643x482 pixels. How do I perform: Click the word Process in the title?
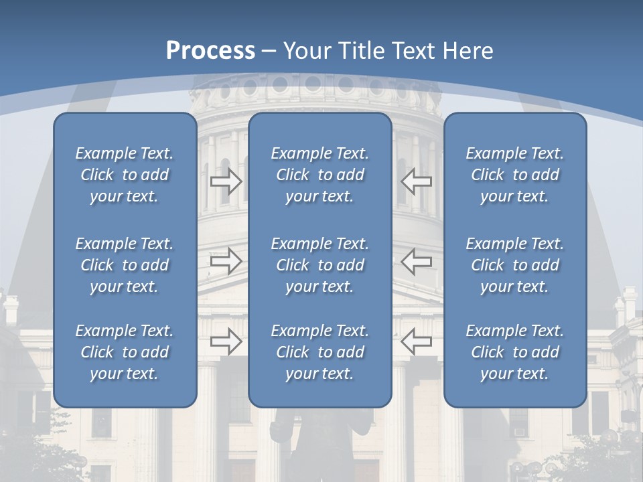pyautogui.click(x=210, y=51)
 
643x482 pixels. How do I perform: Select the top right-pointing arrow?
pyautogui.click(x=226, y=181)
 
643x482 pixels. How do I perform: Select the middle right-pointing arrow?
pyautogui.click(x=226, y=261)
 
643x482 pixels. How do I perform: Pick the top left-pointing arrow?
pyautogui.click(x=416, y=181)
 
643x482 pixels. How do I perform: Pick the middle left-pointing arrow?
pyautogui.click(x=416, y=261)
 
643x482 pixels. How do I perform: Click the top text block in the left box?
pyautogui.click(x=125, y=175)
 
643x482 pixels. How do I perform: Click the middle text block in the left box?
pyautogui.click(x=125, y=265)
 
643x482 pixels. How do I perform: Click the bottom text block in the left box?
pyautogui.click(x=125, y=352)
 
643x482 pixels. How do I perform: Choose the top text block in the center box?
pyautogui.click(x=320, y=175)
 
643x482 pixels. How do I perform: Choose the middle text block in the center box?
pyautogui.click(x=320, y=265)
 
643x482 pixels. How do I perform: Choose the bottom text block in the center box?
pyautogui.click(x=320, y=352)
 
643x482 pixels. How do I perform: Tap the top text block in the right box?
pyautogui.click(x=515, y=175)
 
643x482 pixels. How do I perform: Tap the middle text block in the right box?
pyautogui.click(x=515, y=265)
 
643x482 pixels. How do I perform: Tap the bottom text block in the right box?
pyautogui.click(x=515, y=352)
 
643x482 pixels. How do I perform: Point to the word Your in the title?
pyautogui.click(x=306, y=51)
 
